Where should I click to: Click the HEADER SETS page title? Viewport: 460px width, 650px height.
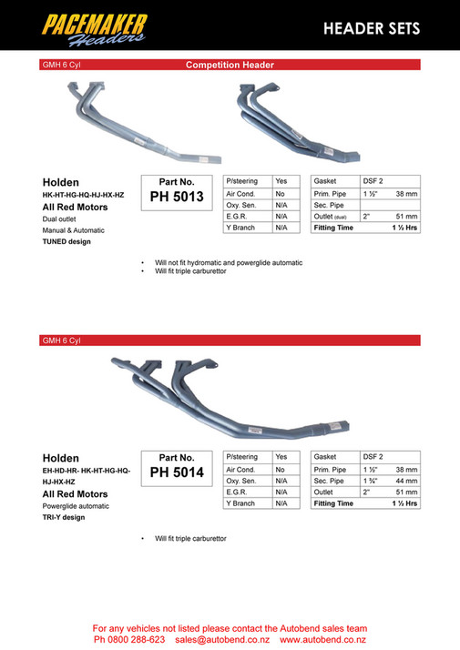point(372,29)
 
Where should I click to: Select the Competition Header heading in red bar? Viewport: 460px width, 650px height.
point(230,65)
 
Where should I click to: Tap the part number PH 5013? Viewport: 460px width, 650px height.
point(177,196)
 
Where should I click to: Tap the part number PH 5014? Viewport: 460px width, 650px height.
point(177,472)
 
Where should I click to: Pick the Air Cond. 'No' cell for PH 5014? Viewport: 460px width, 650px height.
point(281,469)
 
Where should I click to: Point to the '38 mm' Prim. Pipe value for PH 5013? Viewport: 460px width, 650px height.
point(404,194)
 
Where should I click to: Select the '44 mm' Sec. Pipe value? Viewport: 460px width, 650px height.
point(404,480)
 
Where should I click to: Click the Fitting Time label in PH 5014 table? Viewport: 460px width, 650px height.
point(333,503)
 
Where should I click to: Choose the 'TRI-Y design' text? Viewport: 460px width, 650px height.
point(64,517)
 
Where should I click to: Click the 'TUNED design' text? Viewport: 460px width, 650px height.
point(66,241)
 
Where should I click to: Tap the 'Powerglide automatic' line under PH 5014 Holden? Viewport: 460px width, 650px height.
point(76,505)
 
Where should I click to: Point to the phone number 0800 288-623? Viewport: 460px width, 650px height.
point(135,640)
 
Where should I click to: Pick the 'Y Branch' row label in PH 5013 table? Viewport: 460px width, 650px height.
point(241,229)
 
